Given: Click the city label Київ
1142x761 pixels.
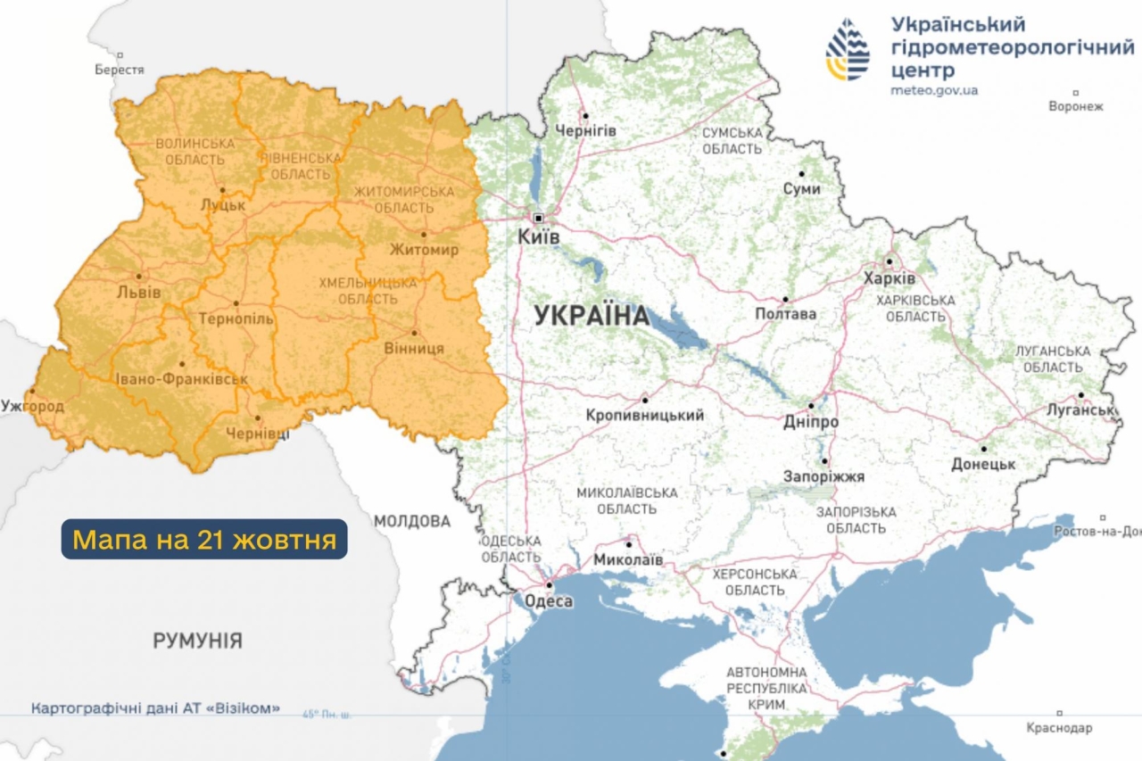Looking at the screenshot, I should tap(539, 237).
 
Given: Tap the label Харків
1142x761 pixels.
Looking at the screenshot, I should tap(890, 279).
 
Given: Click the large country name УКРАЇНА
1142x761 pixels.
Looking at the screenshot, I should tap(592, 315).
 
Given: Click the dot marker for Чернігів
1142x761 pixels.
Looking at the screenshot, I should tap(585, 115).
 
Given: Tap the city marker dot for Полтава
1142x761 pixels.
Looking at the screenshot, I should tap(786, 300).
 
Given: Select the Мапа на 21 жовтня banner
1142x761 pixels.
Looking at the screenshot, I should tap(204, 540).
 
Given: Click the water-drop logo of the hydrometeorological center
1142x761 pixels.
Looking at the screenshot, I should tap(847, 50).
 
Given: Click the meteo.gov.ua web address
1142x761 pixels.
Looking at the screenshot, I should tap(934, 90).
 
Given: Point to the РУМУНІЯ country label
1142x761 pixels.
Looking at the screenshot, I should tap(197, 641).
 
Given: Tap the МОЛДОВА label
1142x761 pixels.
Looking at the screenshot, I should tap(412, 521).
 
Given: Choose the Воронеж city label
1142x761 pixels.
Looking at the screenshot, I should tap(1076, 106).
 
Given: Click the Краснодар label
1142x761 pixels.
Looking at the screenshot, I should tap(1059, 728).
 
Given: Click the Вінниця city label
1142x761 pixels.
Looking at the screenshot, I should tap(413, 348).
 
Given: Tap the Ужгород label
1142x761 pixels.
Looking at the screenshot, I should tap(32, 407).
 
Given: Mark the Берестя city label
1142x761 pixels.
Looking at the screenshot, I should tap(120, 70).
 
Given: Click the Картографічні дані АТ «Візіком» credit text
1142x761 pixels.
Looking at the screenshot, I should tap(155, 708).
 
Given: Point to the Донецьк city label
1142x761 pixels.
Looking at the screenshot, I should tap(983, 465).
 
